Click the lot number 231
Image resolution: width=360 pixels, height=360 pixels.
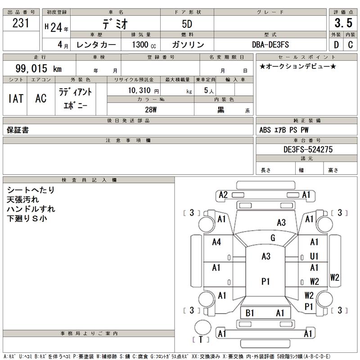[x=21, y=23]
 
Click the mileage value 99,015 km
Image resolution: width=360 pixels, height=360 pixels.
[x=38, y=68]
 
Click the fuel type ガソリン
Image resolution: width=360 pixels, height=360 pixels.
[x=188, y=45]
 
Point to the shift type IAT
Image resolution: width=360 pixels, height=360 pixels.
[x=16, y=99]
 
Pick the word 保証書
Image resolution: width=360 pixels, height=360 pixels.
[x=18, y=130]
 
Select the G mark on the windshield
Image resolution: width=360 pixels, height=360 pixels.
[x=273, y=238]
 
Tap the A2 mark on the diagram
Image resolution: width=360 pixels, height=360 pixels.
[x=223, y=195]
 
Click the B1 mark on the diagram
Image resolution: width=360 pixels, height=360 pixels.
[x=250, y=313]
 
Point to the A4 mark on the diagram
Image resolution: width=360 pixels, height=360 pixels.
[x=216, y=242]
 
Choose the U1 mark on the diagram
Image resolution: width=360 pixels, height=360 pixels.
[x=314, y=256]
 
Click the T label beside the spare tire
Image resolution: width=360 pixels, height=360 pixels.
[x=201, y=340]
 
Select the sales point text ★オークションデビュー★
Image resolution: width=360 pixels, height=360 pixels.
[x=298, y=66]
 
